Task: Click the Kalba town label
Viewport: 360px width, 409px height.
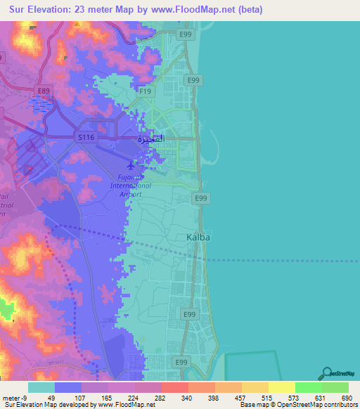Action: tap(198, 238)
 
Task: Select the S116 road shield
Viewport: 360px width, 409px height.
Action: tap(86, 138)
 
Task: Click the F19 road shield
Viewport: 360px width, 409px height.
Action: tap(146, 91)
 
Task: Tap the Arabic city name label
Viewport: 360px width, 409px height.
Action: tap(154, 138)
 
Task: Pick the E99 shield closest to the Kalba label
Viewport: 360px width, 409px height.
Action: tap(201, 199)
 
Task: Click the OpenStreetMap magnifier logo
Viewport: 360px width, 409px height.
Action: tap(327, 374)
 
